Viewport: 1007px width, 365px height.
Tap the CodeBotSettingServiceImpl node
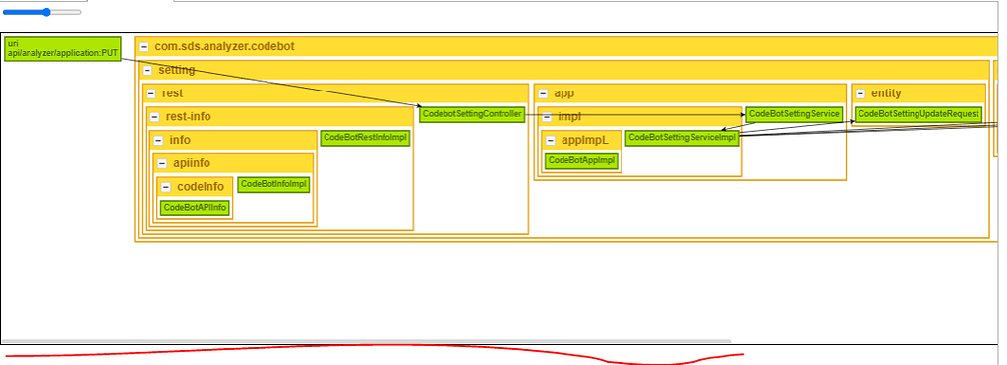coord(681,138)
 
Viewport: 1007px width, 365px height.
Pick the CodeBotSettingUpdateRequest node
coord(918,114)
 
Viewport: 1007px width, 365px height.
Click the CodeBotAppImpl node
coord(581,160)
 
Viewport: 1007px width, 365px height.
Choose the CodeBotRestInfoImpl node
coord(365,138)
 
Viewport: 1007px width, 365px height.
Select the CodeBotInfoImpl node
coord(274,184)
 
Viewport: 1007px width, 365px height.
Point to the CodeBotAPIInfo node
coord(195,207)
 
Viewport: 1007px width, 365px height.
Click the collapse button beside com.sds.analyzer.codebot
coord(144,46)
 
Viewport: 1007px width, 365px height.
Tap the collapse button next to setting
coord(148,70)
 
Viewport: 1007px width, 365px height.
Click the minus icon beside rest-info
coord(155,117)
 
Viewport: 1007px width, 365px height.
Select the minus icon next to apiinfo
coord(163,163)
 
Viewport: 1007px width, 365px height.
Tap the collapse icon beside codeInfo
coord(167,187)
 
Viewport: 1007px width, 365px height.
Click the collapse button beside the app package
coord(544,93)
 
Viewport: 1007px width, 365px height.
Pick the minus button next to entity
coord(860,93)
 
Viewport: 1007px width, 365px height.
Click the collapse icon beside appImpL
coord(551,140)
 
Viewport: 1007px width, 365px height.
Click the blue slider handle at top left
coord(46,12)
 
